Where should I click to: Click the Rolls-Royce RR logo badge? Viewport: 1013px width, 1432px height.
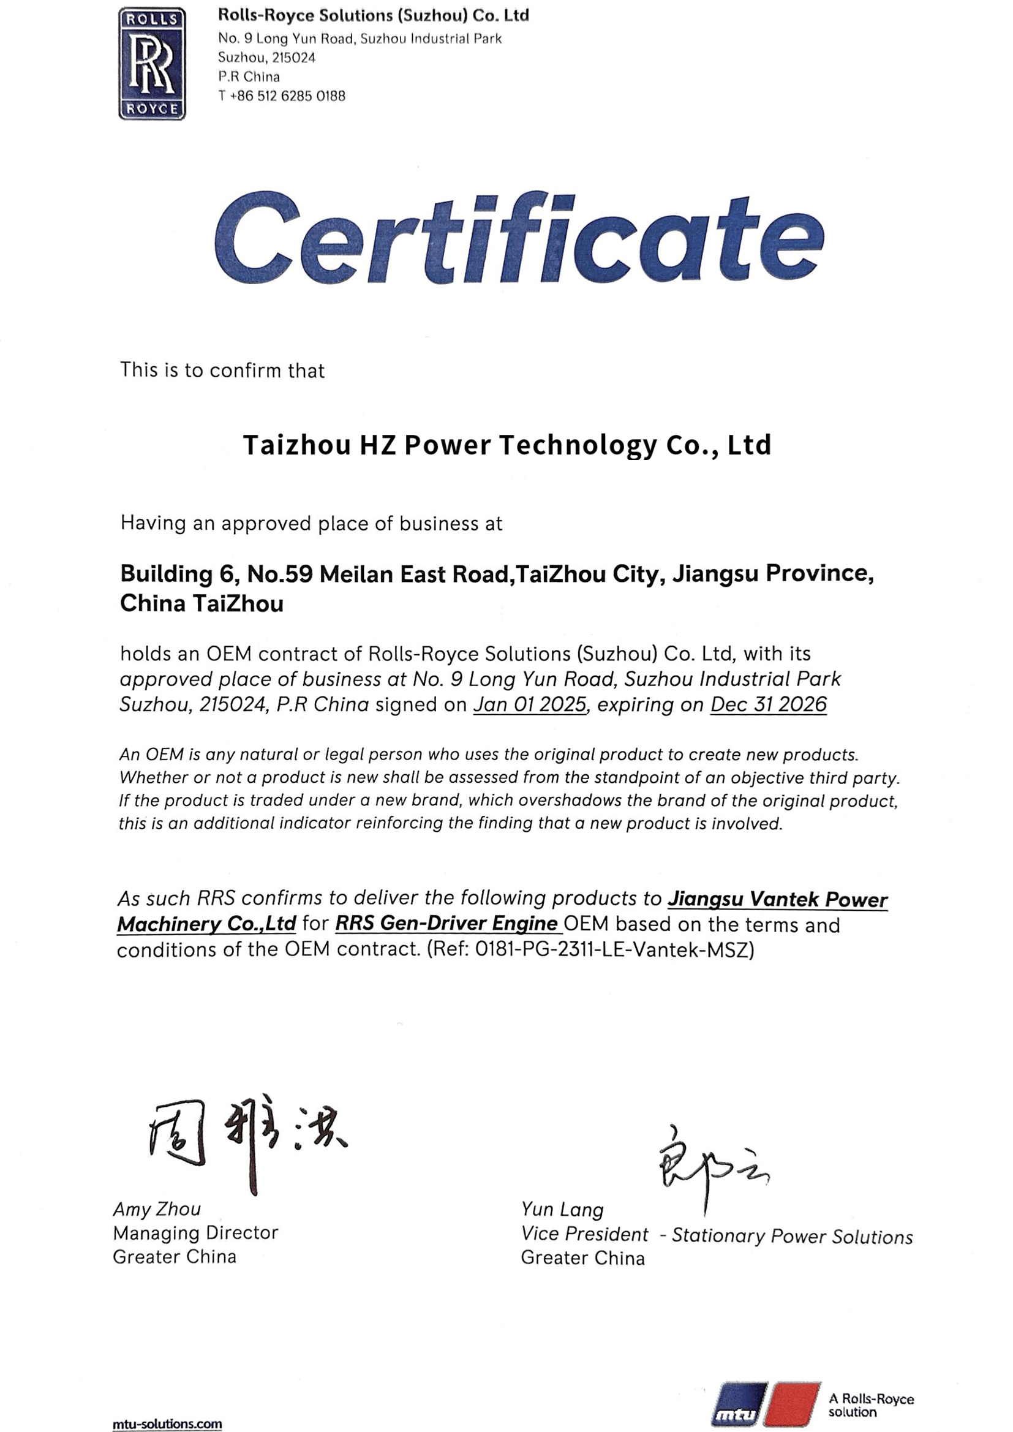tap(153, 64)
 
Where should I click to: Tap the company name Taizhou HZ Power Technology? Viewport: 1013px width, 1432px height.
tap(506, 445)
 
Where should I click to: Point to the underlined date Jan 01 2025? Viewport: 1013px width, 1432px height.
tap(530, 705)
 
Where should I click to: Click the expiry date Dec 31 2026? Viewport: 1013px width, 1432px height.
tap(768, 705)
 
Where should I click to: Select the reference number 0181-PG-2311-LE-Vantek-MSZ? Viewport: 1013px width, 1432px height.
tap(614, 949)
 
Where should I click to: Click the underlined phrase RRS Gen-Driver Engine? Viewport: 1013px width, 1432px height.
tap(446, 924)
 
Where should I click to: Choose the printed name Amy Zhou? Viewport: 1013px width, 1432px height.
tap(157, 1209)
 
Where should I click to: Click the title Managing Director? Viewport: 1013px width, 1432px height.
tap(195, 1233)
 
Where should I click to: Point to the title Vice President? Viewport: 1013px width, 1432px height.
tap(584, 1234)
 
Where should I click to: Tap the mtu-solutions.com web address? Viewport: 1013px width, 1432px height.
tap(167, 1424)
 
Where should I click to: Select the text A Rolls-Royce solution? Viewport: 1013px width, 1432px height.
tap(871, 1405)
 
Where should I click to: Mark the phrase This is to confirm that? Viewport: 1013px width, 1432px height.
tap(222, 371)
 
